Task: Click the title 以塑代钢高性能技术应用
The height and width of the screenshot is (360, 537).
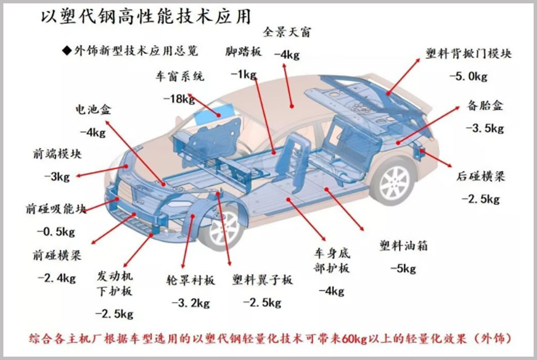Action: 145,17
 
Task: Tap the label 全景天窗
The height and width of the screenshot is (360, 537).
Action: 287,32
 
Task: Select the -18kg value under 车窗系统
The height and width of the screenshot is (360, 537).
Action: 179,99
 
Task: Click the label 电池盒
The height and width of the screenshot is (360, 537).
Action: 93,110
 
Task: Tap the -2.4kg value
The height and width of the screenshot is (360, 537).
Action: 56,277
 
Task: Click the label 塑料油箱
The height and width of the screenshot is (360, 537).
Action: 404,246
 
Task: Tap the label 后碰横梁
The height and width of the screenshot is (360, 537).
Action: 480,176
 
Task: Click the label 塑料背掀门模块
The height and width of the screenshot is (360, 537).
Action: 468,53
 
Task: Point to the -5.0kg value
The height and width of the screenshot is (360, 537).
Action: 468,76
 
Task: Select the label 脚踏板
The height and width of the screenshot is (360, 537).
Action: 243,52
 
